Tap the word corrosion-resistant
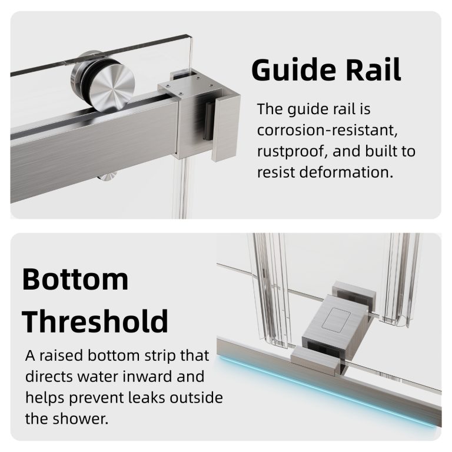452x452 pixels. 327,130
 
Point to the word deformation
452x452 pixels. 346,172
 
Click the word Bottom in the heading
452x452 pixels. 75,279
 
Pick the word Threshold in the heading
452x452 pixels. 95,321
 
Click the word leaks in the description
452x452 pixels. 147,397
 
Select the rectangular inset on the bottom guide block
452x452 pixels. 336,319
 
